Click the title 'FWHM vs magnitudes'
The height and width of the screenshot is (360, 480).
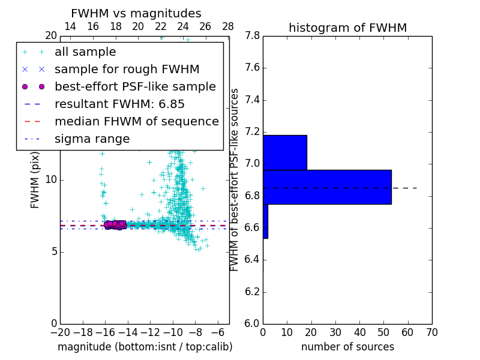pyautogui.click(x=136, y=13)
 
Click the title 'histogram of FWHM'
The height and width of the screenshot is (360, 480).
pyautogui.click(x=347, y=28)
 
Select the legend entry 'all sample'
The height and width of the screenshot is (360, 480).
pyautogui.click(x=85, y=52)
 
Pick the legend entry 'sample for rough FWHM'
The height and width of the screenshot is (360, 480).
pyautogui.click(x=127, y=70)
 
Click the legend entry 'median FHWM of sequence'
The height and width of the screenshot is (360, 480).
pyautogui.click(x=136, y=122)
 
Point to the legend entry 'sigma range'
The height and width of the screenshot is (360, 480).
pyautogui.click(x=92, y=139)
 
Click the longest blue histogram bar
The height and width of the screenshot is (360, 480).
pyautogui.click(x=327, y=187)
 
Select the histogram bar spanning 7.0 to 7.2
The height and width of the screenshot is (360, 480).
pyautogui.click(x=285, y=152)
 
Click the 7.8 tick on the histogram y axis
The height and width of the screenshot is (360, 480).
pyautogui.click(x=252, y=36)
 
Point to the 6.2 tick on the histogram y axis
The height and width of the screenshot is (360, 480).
pyautogui.click(x=252, y=292)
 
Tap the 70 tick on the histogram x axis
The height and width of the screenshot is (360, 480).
pyautogui.click(x=431, y=331)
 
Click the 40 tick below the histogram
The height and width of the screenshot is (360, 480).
pyautogui.click(x=359, y=331)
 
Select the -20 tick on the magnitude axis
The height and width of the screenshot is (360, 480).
pyautogui.click(x=60, y=331)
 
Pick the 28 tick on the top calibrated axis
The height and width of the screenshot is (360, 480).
pyautogui.click(x=228, y=26)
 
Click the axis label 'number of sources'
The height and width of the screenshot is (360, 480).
pyautogui.click(x=347, y=347)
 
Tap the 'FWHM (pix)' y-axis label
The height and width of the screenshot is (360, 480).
pyautogui.click(x=35, y=179)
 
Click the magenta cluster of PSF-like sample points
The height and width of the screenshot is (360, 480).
pyautogui.click(x=114, y=224)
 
